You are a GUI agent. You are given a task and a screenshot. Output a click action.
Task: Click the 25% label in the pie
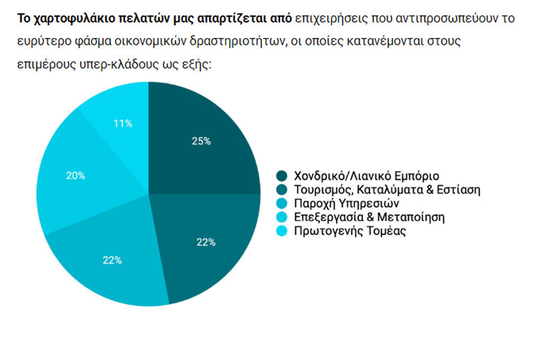click(201, 141)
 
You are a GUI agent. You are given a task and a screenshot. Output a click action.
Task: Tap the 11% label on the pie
click(123, 124)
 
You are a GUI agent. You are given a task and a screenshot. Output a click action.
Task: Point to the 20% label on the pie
click(75, 175)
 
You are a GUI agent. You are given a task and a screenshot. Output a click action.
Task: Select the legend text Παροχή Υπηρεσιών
click(346, 203)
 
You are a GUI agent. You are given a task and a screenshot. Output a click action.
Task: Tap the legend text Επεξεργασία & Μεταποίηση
click(368, 217)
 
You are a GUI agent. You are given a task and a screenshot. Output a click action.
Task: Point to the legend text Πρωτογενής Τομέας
click(349, 231)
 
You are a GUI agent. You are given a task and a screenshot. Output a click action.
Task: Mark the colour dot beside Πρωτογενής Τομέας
click(281, 231)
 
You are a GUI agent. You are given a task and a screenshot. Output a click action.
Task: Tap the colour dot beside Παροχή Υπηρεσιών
click(281, 203)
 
